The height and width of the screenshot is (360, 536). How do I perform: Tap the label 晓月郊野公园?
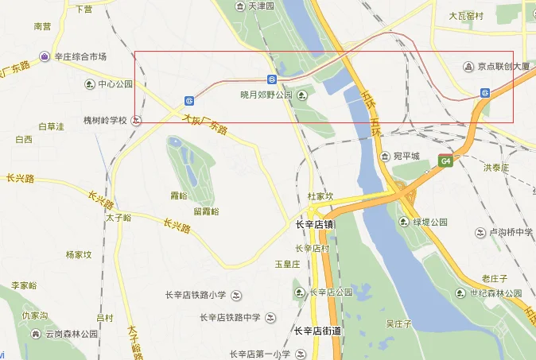[266, 95]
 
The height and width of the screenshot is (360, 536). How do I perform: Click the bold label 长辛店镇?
[314, 224]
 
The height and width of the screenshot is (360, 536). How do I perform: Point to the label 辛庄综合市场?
[80, 56]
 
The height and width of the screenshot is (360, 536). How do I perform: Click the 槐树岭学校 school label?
[105, 121]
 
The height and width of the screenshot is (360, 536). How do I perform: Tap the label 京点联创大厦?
[504, 67]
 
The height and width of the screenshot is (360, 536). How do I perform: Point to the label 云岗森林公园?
[71, 335]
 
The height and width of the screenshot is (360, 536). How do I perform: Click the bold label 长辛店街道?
[317, 331]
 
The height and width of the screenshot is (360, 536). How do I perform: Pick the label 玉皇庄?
[286, 263]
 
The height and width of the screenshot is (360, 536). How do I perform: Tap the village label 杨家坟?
[79, 255]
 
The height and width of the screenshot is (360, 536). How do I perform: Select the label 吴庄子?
[398, 323]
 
